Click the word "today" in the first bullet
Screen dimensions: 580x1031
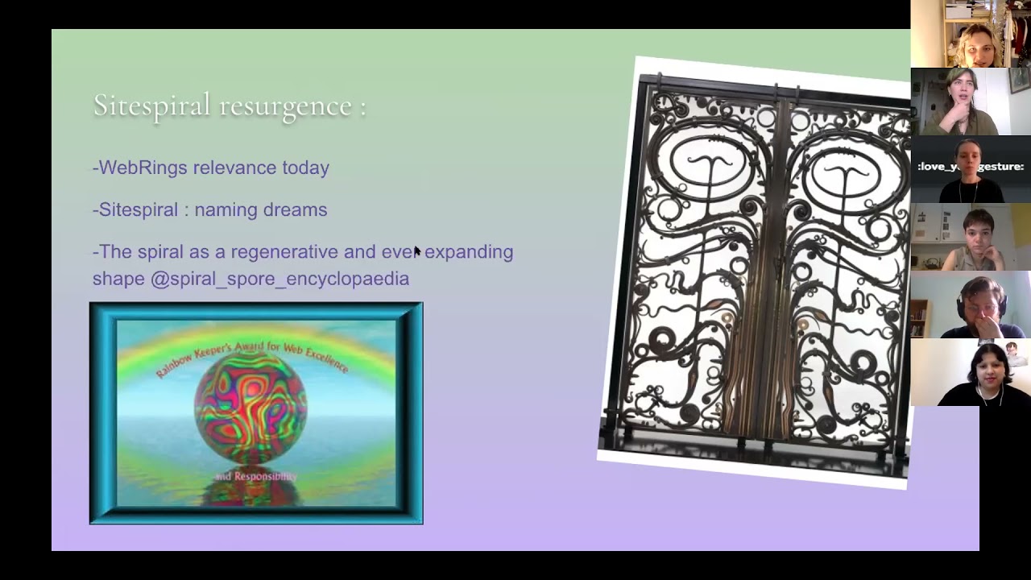click(x=305, y=168)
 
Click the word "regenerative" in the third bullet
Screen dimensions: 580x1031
click(x=284, y=251)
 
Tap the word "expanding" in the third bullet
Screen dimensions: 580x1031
click(x=469, y=251)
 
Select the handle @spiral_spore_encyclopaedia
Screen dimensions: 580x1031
click(x=279, y=279)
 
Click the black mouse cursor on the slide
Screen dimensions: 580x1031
click(x=417, y=252)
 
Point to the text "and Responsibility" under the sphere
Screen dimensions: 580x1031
click(x=255, y=476)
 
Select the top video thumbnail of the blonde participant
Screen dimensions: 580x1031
click(x=971, y=34)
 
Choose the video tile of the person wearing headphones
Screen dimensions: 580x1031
click(x=971, y=304)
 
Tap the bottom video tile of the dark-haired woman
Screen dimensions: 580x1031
click(x=971, y=372)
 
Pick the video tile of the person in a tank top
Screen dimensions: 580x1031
click(x=971, y=237)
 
